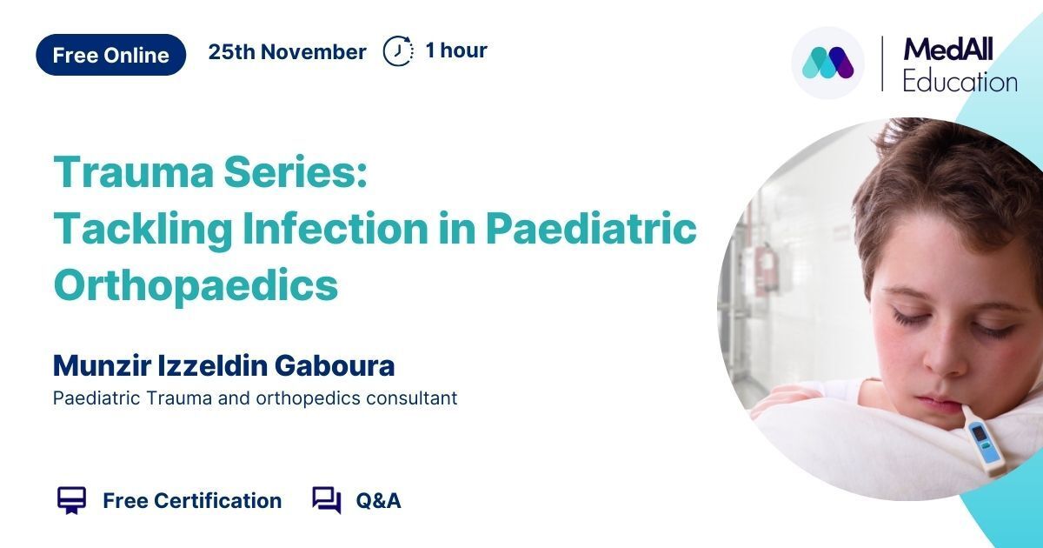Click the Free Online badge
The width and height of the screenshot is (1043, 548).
tap(111, 55)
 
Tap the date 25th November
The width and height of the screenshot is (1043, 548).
tap(287, 51)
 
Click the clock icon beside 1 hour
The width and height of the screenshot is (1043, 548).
tap(398, 50)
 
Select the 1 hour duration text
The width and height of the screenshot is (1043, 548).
tap(456, 50)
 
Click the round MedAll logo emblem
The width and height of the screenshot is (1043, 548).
tap(827, 63)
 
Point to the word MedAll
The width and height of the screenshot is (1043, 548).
tap(948, 50)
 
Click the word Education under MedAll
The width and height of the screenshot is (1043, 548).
tap(960, 82)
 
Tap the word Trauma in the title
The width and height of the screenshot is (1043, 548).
tap(134, 172)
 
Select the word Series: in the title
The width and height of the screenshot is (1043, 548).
tap(296, 172)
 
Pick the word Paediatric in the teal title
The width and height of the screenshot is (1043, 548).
tap(591, 228)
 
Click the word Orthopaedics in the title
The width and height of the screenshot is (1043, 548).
tap(196, 285)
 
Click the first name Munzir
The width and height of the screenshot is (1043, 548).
tap(102, 365)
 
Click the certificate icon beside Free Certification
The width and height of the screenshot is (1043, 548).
tap(71, 501)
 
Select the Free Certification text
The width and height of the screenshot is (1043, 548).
tap(192, 501)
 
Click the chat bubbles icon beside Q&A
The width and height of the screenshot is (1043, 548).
tap(327, 500)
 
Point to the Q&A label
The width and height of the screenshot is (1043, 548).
tap(378, 501)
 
